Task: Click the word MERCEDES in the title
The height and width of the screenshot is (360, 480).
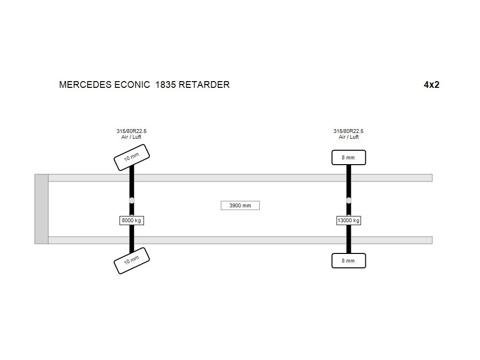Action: (85, 84)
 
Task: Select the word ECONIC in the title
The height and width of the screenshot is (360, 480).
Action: (132, 84)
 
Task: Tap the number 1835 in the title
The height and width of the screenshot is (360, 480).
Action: (166, 84)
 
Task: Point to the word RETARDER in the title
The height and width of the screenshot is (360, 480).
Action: (204, 84)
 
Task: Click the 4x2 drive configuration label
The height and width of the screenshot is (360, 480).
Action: (432, 84)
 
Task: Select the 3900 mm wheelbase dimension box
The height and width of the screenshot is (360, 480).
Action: (240, 205)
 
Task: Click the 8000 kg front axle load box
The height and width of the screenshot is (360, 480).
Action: (132, 220)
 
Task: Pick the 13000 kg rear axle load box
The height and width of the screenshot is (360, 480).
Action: (348, 220)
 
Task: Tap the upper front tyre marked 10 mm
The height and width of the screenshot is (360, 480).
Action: (132, 157)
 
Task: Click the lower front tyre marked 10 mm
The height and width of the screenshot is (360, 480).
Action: (132, 261)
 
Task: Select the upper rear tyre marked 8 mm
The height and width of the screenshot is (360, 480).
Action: (348, 157)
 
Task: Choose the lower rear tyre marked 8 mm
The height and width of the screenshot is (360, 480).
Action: (348, 261)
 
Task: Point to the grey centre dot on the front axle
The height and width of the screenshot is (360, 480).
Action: (132, 201)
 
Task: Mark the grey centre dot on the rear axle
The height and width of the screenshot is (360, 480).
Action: (348, 201)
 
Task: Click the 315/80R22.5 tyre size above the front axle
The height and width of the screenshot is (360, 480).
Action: (132, 131)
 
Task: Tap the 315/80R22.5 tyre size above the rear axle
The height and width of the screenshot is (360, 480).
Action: (348, 131)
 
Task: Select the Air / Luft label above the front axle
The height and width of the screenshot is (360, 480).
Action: (132, 137)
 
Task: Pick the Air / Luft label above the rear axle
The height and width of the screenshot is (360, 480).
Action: (348, 137)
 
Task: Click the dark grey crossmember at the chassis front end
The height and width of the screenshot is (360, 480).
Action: (41, 209)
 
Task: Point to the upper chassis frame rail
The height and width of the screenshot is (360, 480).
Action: (240, 178)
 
